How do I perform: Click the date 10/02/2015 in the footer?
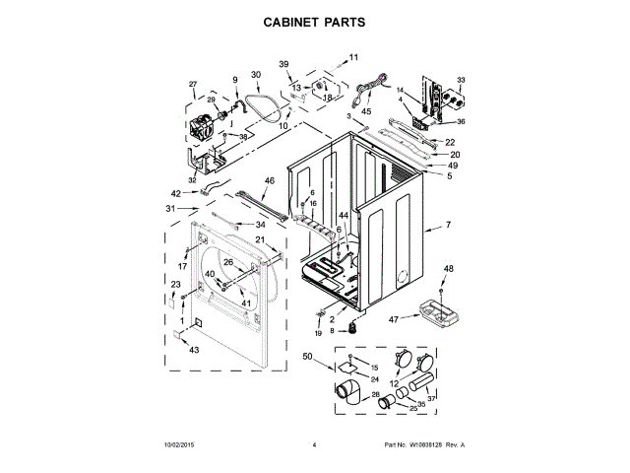click(x=181, y=445)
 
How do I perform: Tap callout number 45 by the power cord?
click(x=366, y=111)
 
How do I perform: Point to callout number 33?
click(x=461, y=79)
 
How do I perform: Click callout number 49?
click(x=454, y=166)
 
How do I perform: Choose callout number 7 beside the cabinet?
click(x=447, y=226)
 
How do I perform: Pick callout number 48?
click(x=448, y=269)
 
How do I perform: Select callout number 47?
click(x=393, y=319)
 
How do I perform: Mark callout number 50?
click(x=307, y=356)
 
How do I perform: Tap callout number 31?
click(x=169, y=208)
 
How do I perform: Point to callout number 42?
click(x=176, y=193)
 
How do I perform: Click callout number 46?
click(x=269, y=180)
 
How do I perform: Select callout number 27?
click(x=193, y=84)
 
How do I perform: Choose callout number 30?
click(x=256, y=75)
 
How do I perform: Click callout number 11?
click(x=354, y=58)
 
